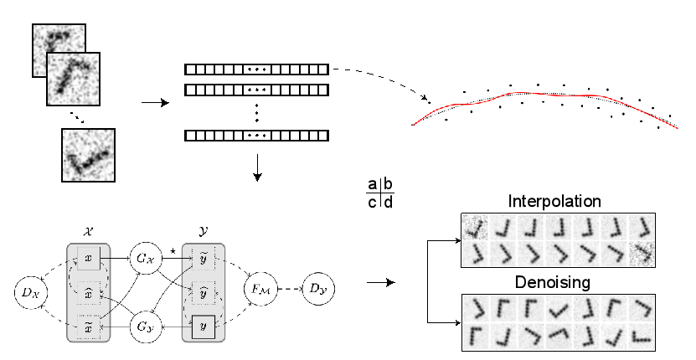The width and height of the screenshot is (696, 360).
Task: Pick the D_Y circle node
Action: coord(317,289)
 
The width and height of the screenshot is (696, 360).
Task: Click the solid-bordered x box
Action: coord(89,258)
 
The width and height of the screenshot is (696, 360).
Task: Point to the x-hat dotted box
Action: coord(89,293)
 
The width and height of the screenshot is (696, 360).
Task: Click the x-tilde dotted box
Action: coord(89,326)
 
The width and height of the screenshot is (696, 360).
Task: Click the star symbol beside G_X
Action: coord(172,249)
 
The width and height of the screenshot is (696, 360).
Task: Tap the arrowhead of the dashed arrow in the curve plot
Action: coord(425,99)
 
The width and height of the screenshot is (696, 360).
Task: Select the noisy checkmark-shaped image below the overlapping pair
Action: coord(89,155)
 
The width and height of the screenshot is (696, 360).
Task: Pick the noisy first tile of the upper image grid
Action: coord(475,227)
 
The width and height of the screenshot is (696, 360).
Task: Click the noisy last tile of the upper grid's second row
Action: coord(642,254)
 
